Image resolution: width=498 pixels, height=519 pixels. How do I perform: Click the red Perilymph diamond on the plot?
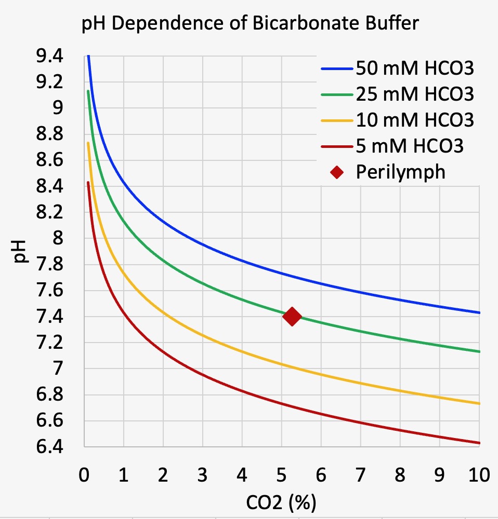(x=292, y=316)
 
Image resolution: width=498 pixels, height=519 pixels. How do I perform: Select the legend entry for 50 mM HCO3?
(x=415, y=68)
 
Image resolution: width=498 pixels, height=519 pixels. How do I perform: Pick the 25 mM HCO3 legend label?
(x=415, y=94)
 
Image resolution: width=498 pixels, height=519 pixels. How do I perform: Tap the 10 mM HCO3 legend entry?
(x=415, y=120)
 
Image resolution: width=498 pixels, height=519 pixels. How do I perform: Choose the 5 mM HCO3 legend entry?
(x=410, y=146)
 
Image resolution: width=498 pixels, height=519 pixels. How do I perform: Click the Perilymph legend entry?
(x=400, y=172)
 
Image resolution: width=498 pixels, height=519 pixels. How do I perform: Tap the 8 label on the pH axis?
(x=56, y=238)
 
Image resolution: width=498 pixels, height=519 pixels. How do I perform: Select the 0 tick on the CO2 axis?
(x=84, y=475)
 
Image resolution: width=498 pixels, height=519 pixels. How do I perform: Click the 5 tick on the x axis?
(x=281, y=475)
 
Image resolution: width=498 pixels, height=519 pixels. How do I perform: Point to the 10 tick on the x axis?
(x=478, y=475)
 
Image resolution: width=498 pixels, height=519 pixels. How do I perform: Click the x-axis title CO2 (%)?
(x=281, y=502)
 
